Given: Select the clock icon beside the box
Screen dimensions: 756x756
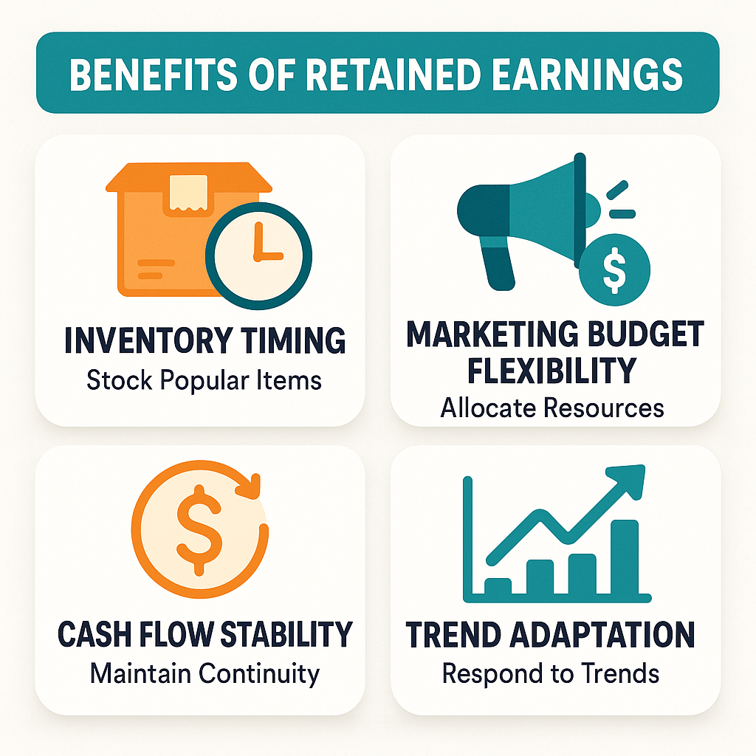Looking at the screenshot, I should pos(258,255).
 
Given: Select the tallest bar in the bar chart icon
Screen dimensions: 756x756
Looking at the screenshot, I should pos(625,557).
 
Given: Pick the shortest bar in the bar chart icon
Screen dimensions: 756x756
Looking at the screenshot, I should pos(497,586).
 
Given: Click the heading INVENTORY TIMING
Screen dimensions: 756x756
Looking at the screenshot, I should pos(205,341).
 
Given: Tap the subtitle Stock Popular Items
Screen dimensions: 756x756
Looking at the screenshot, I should pos(205,380).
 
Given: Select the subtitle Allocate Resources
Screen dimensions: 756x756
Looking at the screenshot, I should pos(552,408).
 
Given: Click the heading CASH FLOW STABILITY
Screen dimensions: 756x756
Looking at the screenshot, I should pos(205,634).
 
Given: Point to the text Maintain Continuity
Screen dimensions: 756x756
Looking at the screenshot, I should pos(205,673).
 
